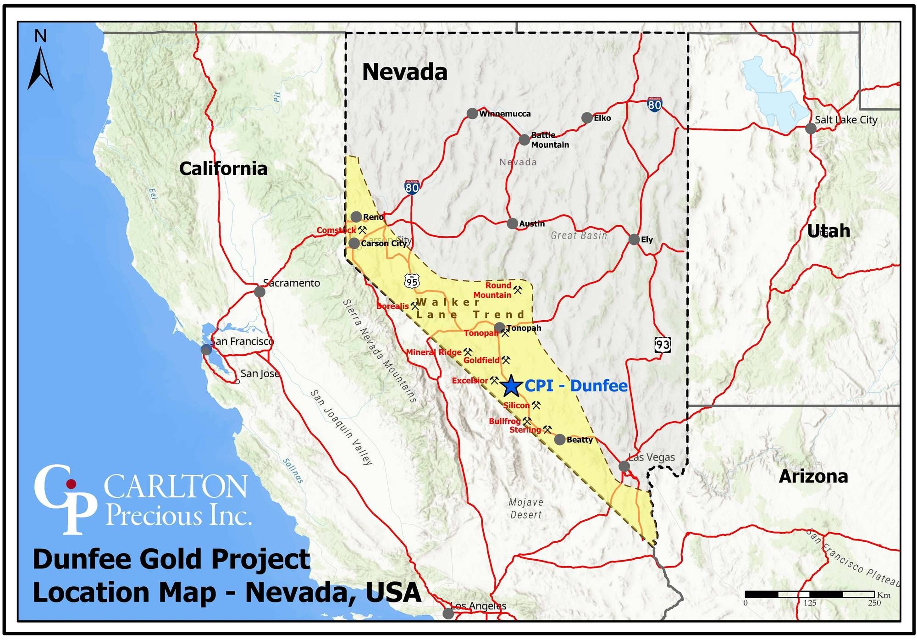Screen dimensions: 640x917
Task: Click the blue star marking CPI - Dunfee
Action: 510,386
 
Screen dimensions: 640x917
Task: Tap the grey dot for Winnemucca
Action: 472,113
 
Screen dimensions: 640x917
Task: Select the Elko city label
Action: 602,118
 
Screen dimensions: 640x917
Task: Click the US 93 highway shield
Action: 663,344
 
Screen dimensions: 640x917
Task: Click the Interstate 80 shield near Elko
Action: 654,105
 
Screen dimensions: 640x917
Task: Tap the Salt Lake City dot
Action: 811,128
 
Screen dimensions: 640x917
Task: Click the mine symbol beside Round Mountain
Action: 518,290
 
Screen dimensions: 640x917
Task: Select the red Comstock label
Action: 336,230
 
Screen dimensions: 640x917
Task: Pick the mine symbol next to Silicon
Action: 536,405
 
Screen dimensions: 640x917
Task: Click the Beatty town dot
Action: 560,440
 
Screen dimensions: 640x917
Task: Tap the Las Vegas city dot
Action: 624,467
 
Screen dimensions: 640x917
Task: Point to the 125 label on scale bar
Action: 810,603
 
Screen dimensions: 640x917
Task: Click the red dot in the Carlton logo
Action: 71,484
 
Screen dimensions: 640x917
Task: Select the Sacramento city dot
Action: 260,292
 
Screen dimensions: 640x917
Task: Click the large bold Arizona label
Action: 813,477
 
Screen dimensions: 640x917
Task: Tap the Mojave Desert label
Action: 526,508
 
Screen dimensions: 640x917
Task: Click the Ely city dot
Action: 634,239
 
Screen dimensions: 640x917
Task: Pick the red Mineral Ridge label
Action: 434,352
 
